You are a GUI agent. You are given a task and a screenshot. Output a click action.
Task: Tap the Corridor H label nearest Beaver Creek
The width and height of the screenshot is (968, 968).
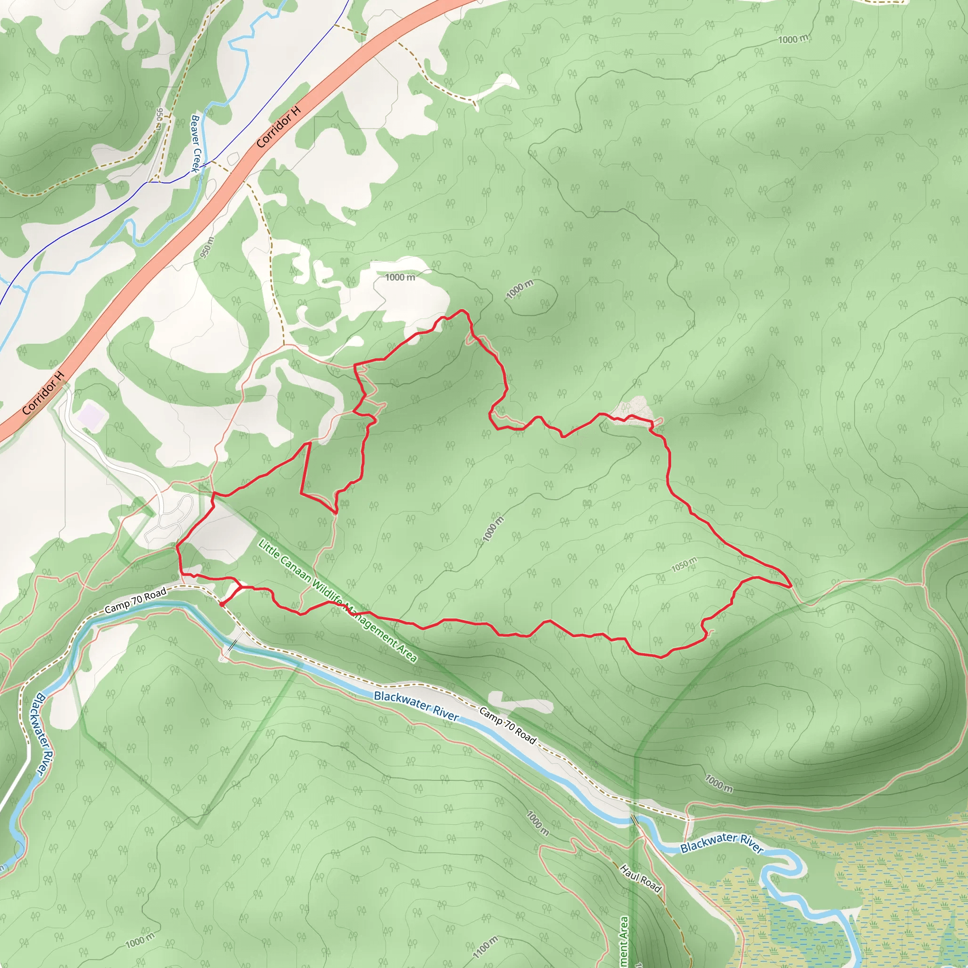click(x=278, y=127)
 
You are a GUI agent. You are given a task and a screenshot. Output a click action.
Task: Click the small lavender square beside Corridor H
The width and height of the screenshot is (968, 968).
click(x=91, y=416)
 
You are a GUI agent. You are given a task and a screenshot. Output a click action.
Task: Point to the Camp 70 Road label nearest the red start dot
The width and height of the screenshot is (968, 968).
click(x=135, y=601)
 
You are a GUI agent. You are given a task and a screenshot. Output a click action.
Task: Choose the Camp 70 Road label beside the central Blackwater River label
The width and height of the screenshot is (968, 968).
click(x=508, y=726)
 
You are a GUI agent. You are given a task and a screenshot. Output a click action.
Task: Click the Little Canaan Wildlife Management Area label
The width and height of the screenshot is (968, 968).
click(x=337, y=600)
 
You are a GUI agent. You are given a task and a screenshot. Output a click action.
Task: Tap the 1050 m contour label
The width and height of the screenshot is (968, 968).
click(x=684, y=565)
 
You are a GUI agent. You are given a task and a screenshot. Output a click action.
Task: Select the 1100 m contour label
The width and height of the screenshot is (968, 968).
click(x=485, y=947)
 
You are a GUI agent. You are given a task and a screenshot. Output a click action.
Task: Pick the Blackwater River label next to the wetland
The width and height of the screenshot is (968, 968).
click(x=721, y=843)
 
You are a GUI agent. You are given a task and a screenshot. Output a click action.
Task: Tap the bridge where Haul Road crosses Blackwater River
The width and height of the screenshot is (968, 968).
click(x=634, y=820)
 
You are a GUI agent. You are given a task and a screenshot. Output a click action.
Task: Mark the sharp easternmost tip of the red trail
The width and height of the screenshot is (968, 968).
click(x=791, y=585)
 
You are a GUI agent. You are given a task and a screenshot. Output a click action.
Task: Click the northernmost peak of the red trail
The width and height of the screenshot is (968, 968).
click(x=462, y=311)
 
